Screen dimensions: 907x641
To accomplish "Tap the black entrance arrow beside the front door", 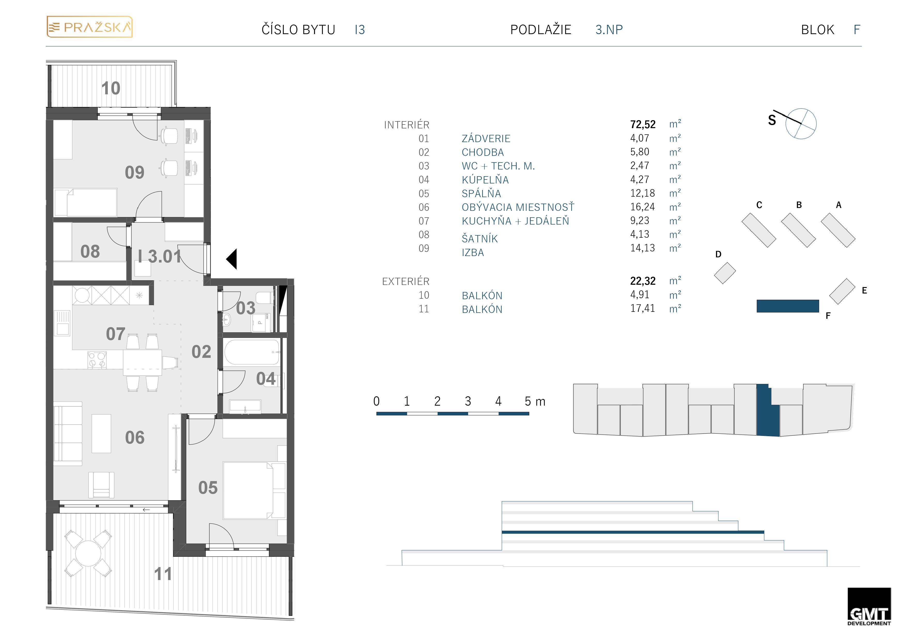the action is click(x=232, y=259).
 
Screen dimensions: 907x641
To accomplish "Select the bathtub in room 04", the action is click(x=252, y=352).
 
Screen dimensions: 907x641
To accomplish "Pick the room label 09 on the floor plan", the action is click(x=135, y=173).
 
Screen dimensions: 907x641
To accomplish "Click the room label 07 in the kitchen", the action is click(x=115, y=334).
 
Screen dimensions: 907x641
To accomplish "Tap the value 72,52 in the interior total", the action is click(x=643, y=125).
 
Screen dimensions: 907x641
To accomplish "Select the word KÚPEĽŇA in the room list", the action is click(x=485, y=180).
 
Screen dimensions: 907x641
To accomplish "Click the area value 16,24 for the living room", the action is click(x=642, y=207).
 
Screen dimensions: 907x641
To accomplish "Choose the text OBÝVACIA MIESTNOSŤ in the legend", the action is click(x=518, y=207).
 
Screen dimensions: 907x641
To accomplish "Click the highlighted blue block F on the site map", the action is click(x=788, y=306).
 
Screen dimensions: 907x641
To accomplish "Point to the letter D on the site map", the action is click(x=718, y=254).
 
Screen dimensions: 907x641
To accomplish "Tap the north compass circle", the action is click(x=801, y=123).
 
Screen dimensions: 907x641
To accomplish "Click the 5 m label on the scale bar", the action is click(x=535, y=401).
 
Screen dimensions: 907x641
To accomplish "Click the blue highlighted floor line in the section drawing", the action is click(x=633, y=532).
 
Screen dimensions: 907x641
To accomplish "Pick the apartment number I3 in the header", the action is click(x=360, y=30).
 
